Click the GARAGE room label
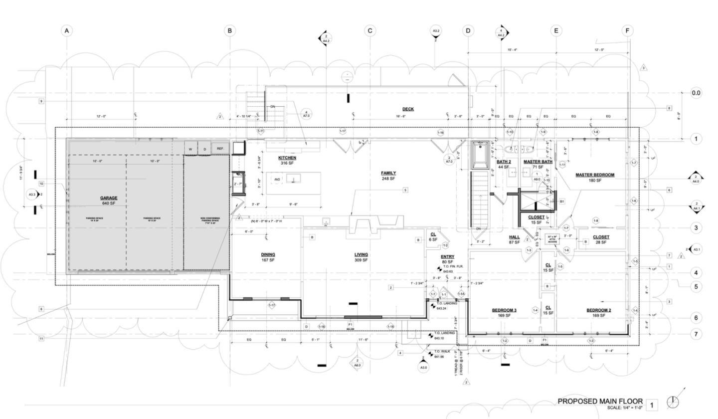[x=109, y=198]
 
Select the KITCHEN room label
[x=287, y=158]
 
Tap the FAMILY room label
[x=388, y=173]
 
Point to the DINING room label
[x=268, y=254]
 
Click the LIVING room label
[x=361, y=254]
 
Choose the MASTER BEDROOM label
[x=595, y=175]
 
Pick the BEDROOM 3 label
[x=504, y=310]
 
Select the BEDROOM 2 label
[x=598, y=310]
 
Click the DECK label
[x=408, y=109]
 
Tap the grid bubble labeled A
[x=67, y=31]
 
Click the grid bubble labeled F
[x=627, y=31]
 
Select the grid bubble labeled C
[x=370, y=31]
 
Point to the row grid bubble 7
[x=696, y=334]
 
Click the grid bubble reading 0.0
[x=696, y=93]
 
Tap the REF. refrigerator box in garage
[x=220, y=149]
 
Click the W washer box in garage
[x=190, y=149]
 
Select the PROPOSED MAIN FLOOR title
[x=600, y=401]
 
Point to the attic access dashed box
[x=552, y=239]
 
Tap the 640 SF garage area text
[x=109, y=203]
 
